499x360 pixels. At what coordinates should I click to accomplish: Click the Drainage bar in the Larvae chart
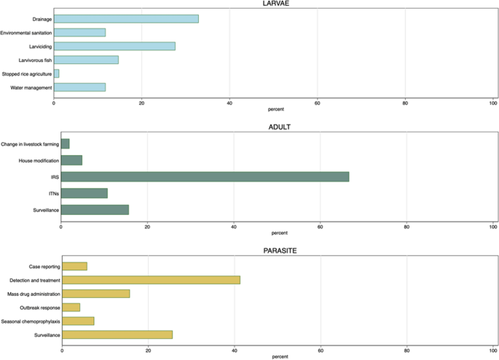pos(126,18)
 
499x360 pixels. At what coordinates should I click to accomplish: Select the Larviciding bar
pos(114,46)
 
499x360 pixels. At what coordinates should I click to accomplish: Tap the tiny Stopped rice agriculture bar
pos(57,74)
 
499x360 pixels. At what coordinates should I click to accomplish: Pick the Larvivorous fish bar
pos(86,60)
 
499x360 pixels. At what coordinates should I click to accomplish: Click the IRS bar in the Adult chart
pos(205,176)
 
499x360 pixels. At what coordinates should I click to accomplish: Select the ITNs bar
pos(85,193)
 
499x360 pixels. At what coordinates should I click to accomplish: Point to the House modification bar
pos(71,160)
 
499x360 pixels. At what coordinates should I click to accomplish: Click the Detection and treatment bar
pos(151,280)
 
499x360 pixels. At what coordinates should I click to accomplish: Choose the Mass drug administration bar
pos(96,294)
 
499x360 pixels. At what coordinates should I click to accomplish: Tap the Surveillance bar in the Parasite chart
pos(117,334)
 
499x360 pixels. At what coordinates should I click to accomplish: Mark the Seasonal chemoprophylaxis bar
pos(78,321)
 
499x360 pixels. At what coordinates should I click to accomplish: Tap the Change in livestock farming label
pos(30,144)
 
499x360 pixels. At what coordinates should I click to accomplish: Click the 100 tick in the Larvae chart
pos(492,102)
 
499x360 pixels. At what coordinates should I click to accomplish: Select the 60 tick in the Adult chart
pos(320,226)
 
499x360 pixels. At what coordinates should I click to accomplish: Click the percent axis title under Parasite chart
pos(279,356)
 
